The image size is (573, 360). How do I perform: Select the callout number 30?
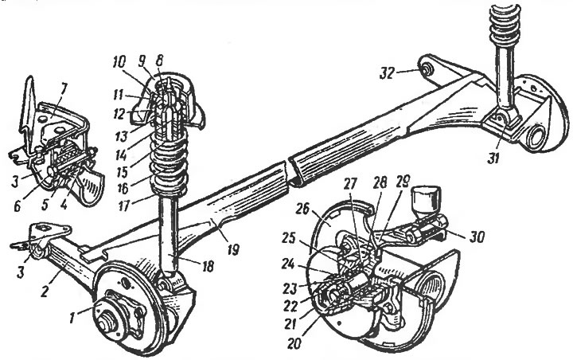coord(476,238)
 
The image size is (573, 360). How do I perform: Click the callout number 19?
coord(232,250)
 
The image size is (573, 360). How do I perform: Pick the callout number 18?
coord(207,266)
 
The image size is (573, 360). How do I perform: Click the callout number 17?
coord(124,205)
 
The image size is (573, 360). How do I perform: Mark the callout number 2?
coord(45,291)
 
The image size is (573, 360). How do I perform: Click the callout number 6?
coord(18,207)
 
